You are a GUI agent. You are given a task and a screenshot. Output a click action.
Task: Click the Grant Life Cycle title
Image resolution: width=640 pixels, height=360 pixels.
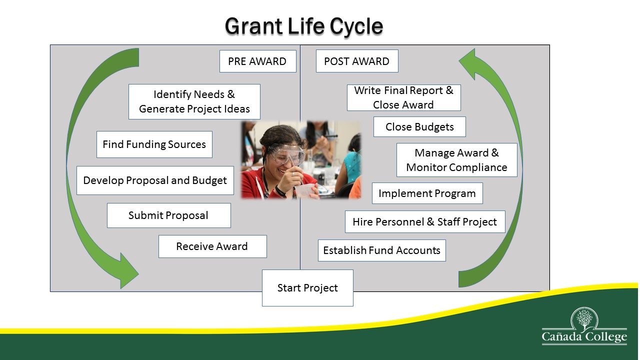pyautogui.click(x=303, y=26)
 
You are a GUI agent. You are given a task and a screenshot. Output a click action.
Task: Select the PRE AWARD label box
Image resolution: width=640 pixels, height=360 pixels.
pyautogui.click(x=257, y=61)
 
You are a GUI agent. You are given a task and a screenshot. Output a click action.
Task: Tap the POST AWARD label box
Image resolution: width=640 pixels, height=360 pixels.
pyautogui.click(x=357, y=61)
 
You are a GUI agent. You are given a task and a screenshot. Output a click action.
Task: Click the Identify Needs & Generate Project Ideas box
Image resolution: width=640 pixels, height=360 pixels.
pyautogui.click(x=194, y=101)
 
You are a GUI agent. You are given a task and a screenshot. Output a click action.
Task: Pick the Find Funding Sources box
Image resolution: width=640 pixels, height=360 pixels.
pyautogui.click(x=154, y=144)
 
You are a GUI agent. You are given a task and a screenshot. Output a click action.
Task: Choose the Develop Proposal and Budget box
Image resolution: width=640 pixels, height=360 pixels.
pyautogui.click(x=155, y=180)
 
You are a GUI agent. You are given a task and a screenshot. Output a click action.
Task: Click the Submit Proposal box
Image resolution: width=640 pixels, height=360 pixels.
pyautogui.click(x=169, y=215)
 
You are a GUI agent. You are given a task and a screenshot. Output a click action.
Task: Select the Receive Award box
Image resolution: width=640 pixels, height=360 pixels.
pyautogui.click(x=212, y=246)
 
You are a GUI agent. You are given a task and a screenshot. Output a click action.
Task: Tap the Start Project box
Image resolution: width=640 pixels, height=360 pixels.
pyautogui.click(x=307, y=288)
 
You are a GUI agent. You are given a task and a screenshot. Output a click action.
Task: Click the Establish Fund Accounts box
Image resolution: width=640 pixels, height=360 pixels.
pyautogui.click(x=381, y=250)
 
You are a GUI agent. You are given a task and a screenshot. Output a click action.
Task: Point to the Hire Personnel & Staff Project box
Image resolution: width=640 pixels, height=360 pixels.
pyautogui.click(x=425, y=221)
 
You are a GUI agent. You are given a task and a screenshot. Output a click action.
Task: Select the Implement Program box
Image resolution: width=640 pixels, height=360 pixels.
pyautogui.click(x=427, y=193)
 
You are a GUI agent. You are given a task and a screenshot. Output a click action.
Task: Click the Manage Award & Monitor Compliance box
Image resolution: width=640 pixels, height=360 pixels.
pyautogui.click(x=457, y=160)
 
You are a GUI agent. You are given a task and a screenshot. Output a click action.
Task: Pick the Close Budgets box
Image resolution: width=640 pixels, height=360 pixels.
pyautogui.click(x=419, y=126)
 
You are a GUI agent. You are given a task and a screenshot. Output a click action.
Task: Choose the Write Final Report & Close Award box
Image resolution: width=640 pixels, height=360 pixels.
pyautogui.click(x=403, y=97)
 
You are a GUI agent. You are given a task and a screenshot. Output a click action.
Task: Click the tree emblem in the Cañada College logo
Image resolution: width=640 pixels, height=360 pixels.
pyautogui.click(x=584, y=318)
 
